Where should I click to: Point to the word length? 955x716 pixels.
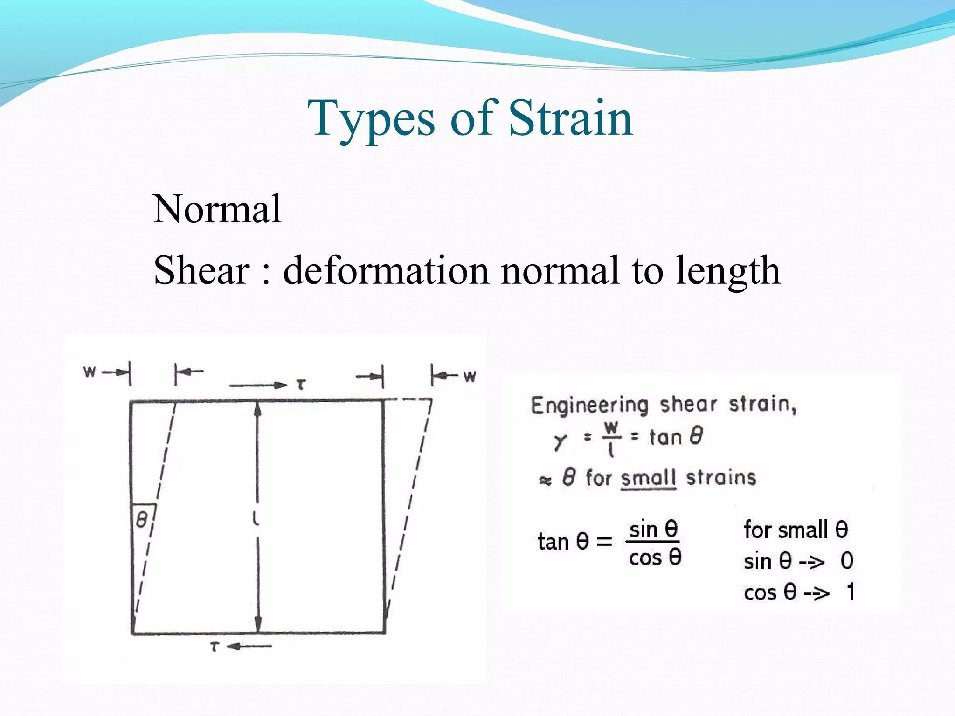[728, 272]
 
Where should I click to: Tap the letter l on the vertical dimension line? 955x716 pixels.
[256, 518]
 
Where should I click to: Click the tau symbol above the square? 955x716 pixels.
[301, 385]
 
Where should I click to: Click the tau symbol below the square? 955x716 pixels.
[214, 647]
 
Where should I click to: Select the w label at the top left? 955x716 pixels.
[89, 372]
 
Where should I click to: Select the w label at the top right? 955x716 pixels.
[470, 375]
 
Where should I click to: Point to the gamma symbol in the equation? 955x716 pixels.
[560, 441]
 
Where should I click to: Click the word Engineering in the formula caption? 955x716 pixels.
[589, 405]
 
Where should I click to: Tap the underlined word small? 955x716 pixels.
[648, 478]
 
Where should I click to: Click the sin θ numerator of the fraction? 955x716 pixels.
[653, 530]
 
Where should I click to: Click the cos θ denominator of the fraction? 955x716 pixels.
[655, 558]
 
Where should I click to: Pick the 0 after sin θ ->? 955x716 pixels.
[847, 561]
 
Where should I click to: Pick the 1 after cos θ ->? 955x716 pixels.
[851, 592]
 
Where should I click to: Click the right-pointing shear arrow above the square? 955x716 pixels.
[258, 385]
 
